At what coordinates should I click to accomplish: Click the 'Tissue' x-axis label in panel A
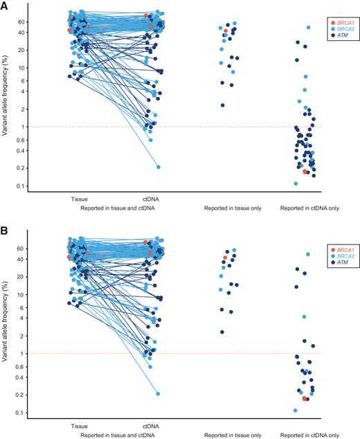[x=79, y=198]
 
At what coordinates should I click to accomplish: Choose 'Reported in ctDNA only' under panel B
[x=310, y=434]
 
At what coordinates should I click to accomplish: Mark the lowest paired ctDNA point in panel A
[x=159, y=167]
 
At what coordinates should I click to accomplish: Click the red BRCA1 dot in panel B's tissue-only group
[x=225, y=258]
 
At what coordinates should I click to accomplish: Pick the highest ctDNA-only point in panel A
[x=309, y=28]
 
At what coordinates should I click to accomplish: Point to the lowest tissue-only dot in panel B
[x=222, y=332]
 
